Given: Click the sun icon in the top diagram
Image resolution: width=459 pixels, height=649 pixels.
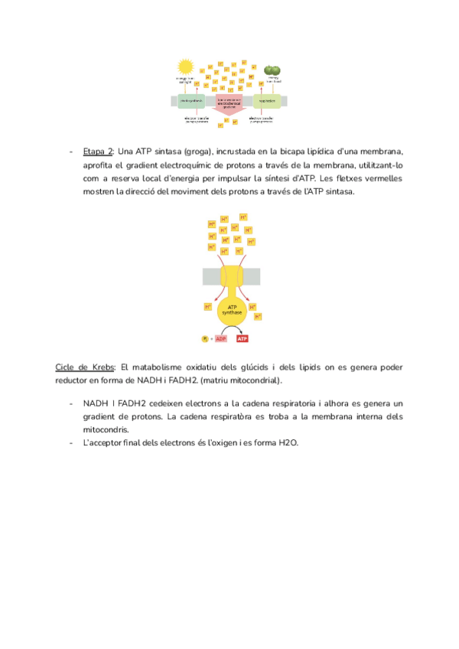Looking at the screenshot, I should coord(185,68).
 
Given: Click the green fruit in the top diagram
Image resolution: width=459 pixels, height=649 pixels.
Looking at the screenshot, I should coord(272,70).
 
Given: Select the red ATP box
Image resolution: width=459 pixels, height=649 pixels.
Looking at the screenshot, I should coord(242,338).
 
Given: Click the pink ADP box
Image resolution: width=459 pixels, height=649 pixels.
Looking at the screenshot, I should coord(222,338).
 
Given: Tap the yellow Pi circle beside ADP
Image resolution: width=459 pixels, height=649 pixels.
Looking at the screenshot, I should coord(204,338).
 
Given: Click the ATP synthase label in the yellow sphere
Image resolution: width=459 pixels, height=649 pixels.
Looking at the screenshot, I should coord(231,310).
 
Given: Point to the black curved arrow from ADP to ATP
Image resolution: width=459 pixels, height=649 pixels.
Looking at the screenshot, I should coord(232,331).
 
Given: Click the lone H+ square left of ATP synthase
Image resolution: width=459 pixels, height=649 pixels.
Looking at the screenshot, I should coord(207,307).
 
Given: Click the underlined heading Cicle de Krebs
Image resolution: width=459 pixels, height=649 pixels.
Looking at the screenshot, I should coord(86,367).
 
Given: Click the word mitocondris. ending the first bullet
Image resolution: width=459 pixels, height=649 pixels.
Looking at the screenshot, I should coord(107,430).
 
